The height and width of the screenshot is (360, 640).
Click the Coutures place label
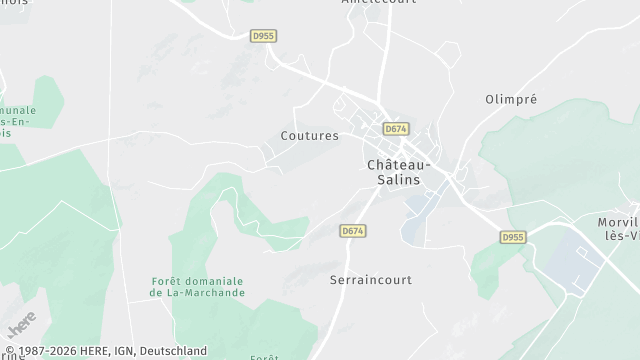[309, 135]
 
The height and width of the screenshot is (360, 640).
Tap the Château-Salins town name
[399, 171]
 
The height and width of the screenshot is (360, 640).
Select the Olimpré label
[511, 100]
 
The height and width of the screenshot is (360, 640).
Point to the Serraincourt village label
[370, 281]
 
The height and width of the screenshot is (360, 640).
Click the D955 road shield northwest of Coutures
[263, 36]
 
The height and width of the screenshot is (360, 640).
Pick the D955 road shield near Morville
[513, 238]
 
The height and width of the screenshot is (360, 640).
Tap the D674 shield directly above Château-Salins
[397, 129]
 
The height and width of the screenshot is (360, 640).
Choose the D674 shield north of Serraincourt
[352, 231]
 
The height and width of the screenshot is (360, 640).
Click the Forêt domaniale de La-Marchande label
[197, 287]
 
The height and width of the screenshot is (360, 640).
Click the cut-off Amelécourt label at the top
[378, 3]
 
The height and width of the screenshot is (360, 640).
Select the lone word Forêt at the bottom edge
[264, 356]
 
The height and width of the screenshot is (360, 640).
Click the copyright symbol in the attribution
[10, 351]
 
